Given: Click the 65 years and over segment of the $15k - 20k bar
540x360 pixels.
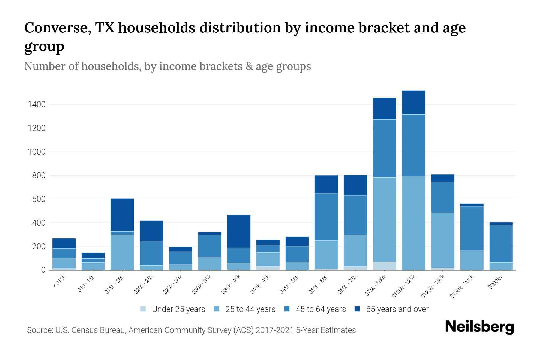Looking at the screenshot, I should [x=122, y=215].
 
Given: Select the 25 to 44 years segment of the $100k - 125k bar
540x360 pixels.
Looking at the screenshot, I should [x=414, y=223].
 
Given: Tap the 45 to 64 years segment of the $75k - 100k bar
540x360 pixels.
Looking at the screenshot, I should [x=384, y=148].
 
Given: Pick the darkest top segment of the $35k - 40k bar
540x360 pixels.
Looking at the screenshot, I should [x=239, y=231].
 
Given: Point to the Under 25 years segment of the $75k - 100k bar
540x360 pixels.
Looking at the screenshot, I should [x=384, y=266].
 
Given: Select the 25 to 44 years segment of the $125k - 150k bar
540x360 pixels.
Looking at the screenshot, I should [x=443, y=240].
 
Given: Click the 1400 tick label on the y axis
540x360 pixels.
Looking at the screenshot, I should [x=37, y=104].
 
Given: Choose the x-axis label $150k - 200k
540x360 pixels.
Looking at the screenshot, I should [x=462, y=287].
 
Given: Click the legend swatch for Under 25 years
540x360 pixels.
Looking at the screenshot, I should [x=143, y=309].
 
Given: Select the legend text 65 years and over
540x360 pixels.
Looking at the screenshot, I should [x=397, y=309].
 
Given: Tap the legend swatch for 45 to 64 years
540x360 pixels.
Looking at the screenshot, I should [x=287, y=309].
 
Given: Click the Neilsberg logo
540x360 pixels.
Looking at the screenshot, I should [x=479, y=327].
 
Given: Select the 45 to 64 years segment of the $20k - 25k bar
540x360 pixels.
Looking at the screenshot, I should [x=151, y=253].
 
